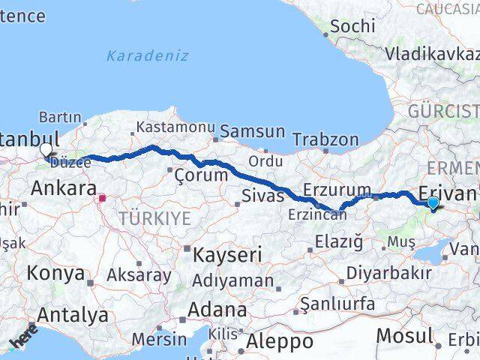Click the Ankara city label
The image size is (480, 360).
pos(64,188)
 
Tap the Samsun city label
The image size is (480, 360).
pos(252,131)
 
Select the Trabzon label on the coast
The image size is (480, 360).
pos(325,139)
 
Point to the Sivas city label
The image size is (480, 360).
pos(262,196)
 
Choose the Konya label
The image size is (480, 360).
pos(55,273)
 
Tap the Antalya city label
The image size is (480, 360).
pos(72,315)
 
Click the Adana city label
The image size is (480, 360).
pos(217,309)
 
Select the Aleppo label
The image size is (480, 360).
pos(280,341)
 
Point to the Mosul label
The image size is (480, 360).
pos(404,335)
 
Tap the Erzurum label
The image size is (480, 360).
pos(337,189)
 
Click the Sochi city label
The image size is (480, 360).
pos(352,25)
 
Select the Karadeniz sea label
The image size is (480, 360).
pos(147,55)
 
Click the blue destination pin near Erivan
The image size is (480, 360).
pos(433,202)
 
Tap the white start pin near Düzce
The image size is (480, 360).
pos(46,149)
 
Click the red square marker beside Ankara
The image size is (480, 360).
pos(103,199)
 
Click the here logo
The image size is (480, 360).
pos(22,336)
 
